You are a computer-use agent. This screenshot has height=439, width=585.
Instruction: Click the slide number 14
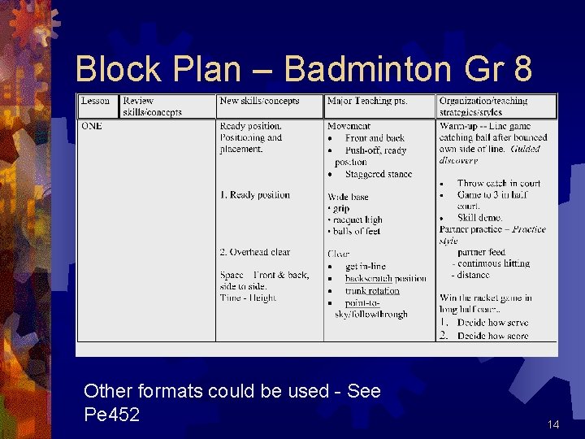click(554, 425)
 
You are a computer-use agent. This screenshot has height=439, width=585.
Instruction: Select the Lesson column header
click(95, 101)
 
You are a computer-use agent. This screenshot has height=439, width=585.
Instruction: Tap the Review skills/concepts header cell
click(152, 106)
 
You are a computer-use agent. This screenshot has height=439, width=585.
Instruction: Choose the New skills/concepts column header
click(259, 101)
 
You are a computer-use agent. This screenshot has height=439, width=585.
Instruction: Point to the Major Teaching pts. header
click(367, 101)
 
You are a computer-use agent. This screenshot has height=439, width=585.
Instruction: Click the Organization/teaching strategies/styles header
click(483, 106)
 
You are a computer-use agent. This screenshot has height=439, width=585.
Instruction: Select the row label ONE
click(91, 126)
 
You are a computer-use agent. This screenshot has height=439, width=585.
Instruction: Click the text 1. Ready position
click(254, 195)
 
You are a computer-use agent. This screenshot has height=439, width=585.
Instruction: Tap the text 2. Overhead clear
click(254, 252)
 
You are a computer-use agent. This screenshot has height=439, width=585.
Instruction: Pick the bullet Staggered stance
click(378, 174)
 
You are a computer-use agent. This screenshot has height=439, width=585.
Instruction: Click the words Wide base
click(348, 197)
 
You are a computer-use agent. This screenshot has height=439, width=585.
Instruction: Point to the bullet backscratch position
click(385, 278)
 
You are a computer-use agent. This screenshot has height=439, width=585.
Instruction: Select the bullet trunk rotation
click(372, 290)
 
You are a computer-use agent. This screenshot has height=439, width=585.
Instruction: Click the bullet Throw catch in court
click(498, 184)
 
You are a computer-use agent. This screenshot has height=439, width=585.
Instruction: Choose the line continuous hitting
click(493, 263)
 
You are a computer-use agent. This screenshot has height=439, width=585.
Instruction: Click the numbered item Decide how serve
click(492, 323)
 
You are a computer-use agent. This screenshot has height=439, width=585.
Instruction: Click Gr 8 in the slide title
click(501, 70)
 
